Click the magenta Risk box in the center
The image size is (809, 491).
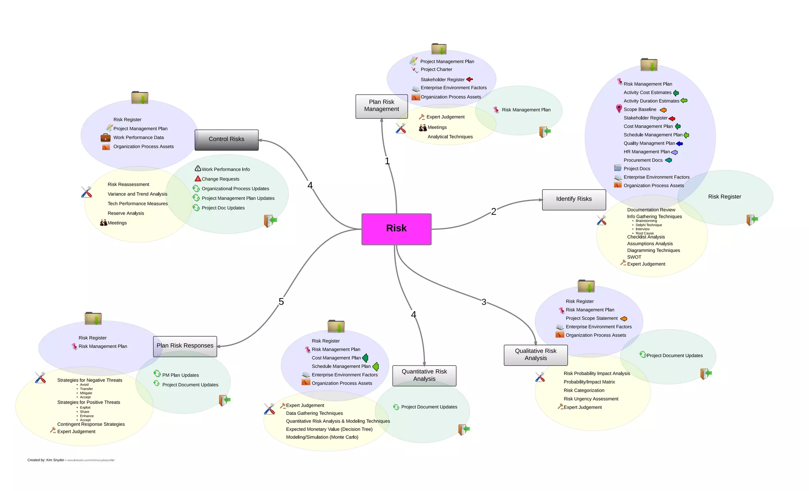click(396, 229)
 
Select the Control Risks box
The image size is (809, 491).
click(226, 140)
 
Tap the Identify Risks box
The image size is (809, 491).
click(574, 199)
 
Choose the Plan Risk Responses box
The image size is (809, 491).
click(185, 346)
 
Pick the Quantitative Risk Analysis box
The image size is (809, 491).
click(424, 375)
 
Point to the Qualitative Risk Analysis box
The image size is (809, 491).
click(535, 355)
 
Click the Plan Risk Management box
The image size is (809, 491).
click(381, 106)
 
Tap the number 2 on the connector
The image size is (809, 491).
click(493, 212)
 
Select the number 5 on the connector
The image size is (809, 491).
click(281, 302)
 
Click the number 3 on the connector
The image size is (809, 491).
click(484, 302)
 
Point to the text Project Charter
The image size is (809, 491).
click(436, 69)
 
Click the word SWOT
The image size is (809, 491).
click(634, 257)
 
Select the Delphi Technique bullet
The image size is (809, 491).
click(649, 225)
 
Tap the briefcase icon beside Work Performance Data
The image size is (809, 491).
click(105, 138)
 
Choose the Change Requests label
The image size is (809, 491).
click(220, 179)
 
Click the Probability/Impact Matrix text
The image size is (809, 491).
click(589, 382)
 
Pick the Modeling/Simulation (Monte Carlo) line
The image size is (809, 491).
click(322, 437)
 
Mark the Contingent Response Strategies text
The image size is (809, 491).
click(91, 424)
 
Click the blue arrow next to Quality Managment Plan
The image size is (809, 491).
click(679, 144)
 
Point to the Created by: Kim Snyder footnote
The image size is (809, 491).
click(46, 460)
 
